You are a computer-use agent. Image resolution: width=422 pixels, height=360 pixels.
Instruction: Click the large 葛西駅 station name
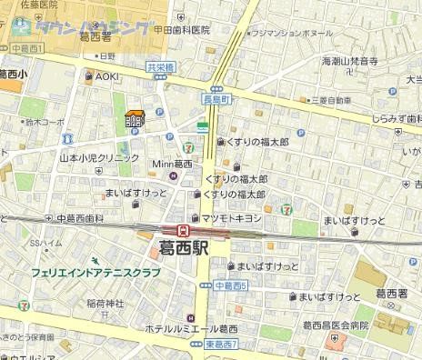[x=186, y=247]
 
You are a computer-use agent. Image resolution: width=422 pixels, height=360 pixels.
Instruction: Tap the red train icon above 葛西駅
[x=183, y=229]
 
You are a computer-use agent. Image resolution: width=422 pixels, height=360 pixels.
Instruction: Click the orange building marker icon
[x=135, y=119]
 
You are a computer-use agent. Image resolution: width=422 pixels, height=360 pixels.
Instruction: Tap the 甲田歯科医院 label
[x=182, y=30]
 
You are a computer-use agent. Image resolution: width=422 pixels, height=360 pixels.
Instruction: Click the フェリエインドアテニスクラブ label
[x=95, y=272]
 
